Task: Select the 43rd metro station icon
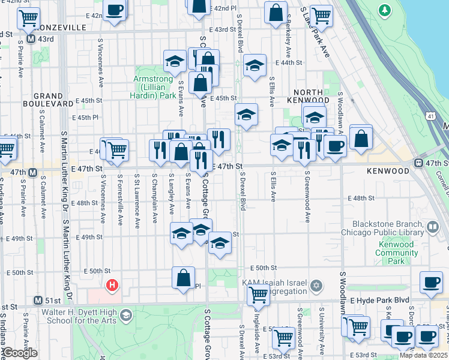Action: click(x=32, y=40)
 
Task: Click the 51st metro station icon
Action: click(x=38, y=301)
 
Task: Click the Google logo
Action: click(x=19, y=353)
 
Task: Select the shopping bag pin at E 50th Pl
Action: click(x=183, y=278)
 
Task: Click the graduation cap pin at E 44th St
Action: click(x=255, y=65)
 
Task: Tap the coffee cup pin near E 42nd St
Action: click(x=115, y=10)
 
